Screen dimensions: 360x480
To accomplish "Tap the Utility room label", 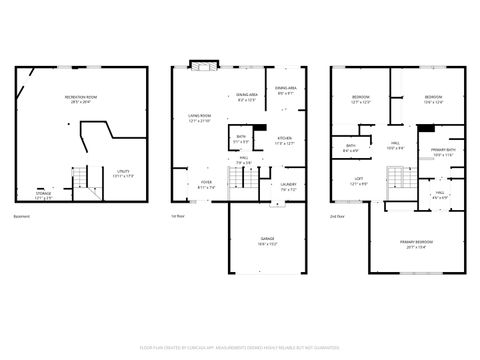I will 124,173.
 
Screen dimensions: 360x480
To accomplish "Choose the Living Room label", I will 199,118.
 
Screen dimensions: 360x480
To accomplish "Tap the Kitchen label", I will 284,141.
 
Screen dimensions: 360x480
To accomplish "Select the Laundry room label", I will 288,185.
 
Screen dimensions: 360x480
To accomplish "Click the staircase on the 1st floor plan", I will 241,181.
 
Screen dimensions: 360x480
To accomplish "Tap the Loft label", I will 358,183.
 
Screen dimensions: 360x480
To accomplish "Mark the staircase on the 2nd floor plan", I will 397,180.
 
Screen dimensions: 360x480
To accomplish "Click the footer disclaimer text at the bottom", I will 240,347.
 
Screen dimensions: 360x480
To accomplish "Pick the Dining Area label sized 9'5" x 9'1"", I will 284,90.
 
